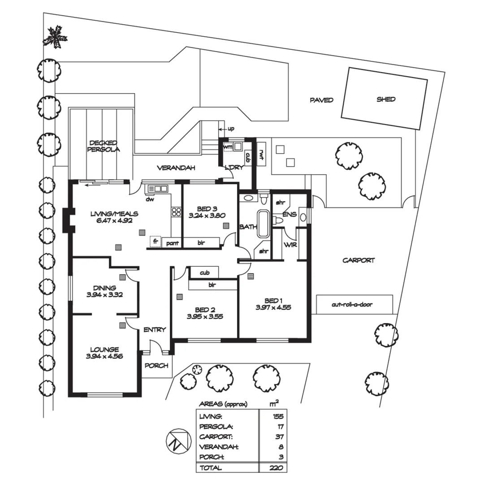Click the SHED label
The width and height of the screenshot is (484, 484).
coord(386,99)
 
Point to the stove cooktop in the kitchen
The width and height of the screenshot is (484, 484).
coord(177,212)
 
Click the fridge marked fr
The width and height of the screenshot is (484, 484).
coord(156,241)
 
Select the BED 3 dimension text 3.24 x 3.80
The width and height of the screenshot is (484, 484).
coord(207,215)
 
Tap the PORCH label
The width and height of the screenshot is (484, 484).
coord(156,366)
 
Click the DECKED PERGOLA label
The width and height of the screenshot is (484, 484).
coord(104,146)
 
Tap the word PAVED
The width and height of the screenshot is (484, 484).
coord(321,100)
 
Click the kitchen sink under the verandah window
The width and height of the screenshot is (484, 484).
coord(157,189)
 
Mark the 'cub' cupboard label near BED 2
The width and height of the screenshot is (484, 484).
coord(205,272)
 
